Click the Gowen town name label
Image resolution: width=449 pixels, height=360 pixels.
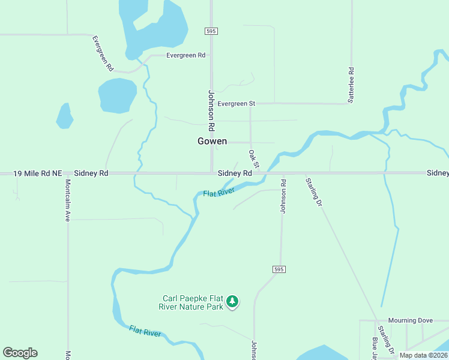(x=212, y=141)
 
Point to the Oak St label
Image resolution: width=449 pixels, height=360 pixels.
(x=254, y=159)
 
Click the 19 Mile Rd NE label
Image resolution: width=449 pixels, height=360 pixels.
(x=37, y=173)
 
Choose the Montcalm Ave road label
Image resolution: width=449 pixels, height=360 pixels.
(x=68, y=200)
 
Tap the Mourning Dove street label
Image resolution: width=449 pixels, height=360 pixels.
(x=410, y=320)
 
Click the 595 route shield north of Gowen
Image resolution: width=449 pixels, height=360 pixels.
(x=210, y=31)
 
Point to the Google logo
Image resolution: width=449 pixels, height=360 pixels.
(x=20, y=353)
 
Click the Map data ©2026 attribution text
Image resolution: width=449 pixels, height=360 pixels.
(x=423, y=355)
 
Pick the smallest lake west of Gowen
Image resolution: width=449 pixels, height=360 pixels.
(x=65, y=116)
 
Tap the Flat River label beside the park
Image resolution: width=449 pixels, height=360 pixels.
(x=145, y=331)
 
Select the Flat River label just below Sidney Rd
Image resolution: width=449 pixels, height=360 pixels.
(x=218, y=193)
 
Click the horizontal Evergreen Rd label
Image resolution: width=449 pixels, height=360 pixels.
(x=186, y=55)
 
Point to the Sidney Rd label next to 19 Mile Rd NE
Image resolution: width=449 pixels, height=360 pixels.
(x=95, y=173)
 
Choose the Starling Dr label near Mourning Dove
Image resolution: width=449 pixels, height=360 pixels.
(x=385, y=340)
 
